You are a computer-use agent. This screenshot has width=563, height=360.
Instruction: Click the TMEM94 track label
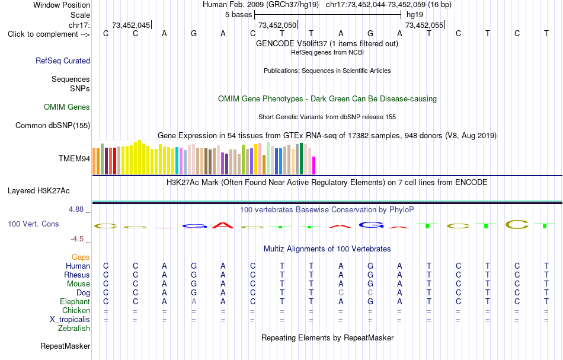tap(74, 158)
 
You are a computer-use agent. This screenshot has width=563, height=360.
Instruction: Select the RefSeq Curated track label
tap(63, 60)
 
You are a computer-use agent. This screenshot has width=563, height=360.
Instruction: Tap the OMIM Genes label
tap(67, 107)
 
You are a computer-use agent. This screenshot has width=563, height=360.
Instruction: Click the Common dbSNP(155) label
tap(53, 125)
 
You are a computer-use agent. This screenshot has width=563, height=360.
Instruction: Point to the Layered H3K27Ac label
tap(39, 191)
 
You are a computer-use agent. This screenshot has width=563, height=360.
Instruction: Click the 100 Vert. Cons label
tap(33, 224)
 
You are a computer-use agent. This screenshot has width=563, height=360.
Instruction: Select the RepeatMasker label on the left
tap(65, 346)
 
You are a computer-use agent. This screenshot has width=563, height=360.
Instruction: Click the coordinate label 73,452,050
tap(277, 25)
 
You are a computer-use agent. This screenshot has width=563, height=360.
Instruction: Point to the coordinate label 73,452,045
tap(131, 25)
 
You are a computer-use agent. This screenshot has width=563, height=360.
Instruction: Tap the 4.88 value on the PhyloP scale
tap(76, 209)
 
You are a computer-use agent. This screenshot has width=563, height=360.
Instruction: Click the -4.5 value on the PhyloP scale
tap(77, 239)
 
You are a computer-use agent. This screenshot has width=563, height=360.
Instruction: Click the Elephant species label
tap(75, 301)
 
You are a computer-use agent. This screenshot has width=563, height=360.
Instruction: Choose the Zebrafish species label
tap(74, 328)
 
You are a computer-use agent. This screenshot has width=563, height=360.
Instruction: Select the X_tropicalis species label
tap(70, 320)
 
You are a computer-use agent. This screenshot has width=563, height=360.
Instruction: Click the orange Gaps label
tap(81, 257)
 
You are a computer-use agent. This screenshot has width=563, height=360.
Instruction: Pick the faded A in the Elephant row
tap(194, 302)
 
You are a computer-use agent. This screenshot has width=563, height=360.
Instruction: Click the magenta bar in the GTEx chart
tap(314, 165)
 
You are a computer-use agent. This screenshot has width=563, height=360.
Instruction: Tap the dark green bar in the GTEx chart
tap(302, 159)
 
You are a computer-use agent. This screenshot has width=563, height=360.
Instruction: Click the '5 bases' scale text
tap(239, 15)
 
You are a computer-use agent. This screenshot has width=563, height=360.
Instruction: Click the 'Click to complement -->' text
tap(49, 34)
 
